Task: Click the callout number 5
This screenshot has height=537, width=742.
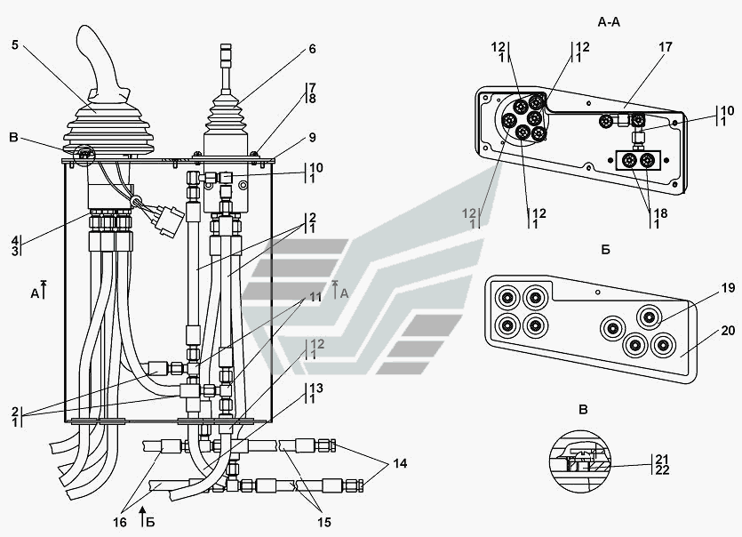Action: click(x=15, y=45)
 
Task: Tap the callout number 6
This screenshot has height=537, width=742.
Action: click(x=312, y=49)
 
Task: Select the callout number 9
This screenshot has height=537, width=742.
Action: click(x=312, y=138)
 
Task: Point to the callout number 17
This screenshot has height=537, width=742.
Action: click(x=665, y=47)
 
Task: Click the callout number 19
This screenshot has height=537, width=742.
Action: click(x=729, y=287)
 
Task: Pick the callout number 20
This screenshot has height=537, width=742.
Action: click(x=729, y=330)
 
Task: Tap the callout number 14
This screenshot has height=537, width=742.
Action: click(x=400, y=463)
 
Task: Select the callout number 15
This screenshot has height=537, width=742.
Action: click(x=324, y=522)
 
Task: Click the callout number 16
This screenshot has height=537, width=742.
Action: click(x=120, y=522)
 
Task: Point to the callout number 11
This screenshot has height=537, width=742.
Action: click(x=315, y=297)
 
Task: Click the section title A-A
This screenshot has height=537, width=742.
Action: click(x=609, y=22)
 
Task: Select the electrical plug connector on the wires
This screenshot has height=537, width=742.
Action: click(x=170, y=220)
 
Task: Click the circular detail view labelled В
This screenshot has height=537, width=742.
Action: click(x=580, y=461)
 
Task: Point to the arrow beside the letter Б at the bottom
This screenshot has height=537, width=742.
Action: click(x=143, y=516)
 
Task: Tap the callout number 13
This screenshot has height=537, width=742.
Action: click(x=316, y=389)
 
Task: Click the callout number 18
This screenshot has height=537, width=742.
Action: click(x=660, y=213)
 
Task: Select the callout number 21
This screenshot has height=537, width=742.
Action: click(x=663, y=459)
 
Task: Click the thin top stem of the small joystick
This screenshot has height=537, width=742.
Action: click(x=227, y=67)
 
